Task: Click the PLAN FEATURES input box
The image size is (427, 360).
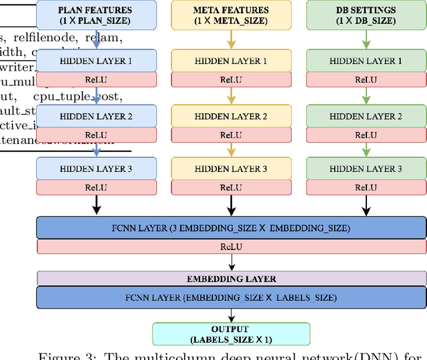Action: [x=96, y=15]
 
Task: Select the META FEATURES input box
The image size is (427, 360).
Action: [x=231, y=15]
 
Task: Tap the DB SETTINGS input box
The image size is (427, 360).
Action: [x=366, y=15]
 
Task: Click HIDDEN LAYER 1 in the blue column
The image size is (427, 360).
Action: [x=96, y=61]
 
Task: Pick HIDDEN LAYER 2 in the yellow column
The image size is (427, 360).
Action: [x=231, y=116]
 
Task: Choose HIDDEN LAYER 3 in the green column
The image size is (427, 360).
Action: [x=366, y=169]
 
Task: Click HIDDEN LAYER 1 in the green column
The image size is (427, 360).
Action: [x=366, y=61]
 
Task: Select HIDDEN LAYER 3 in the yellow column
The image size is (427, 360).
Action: [x=231, y=169]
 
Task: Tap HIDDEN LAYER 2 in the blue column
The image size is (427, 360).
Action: [x=96, y=116]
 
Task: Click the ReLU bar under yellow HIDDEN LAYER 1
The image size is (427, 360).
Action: [x=231, y=80]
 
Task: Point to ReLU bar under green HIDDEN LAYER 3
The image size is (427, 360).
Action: [x=366, y=188]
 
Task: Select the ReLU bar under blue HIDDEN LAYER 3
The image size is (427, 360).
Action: [x=96, y=188]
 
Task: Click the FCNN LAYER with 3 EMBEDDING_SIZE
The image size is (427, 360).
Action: [x=231, y=228]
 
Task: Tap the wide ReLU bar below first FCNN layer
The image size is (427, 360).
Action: [x=231, y=247]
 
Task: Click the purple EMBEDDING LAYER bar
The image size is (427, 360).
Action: [x=231, y=279]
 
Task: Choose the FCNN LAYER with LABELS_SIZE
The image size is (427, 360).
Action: [x=231, y=297]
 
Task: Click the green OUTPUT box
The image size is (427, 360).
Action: [x=231, y=333]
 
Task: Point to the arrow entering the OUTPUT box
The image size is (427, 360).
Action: [x=231, y=315]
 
